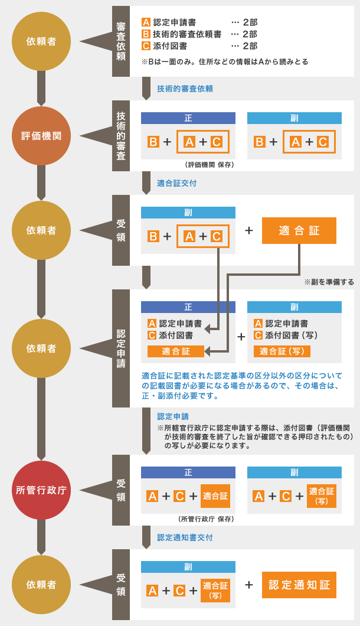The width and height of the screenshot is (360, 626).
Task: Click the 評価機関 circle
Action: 41,136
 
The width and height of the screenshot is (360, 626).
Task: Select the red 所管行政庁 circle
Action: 41,490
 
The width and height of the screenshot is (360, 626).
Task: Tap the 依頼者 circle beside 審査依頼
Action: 41,41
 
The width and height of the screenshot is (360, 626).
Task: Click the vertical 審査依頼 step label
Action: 121,41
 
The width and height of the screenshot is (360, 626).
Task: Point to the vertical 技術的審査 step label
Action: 121,136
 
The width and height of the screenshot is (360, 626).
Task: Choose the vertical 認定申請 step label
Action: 121,348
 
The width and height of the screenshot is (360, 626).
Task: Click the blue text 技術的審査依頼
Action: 185,89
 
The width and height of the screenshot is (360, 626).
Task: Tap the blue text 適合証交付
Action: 176,183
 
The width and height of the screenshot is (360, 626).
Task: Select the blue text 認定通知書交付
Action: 185,537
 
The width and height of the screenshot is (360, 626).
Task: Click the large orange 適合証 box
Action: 299,230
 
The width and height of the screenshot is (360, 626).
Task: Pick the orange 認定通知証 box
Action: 299,585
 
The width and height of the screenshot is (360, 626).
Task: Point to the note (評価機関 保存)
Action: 209,165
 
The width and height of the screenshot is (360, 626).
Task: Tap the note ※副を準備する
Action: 329,282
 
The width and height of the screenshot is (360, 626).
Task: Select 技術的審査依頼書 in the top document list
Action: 187,34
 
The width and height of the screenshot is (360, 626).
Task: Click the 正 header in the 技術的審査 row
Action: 188,118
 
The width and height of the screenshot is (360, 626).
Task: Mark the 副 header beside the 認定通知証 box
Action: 188,567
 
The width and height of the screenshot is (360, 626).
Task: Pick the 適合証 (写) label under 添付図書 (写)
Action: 282,351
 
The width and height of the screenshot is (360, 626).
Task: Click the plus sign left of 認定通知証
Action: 249,585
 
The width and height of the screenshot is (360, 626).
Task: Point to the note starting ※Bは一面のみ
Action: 225,61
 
